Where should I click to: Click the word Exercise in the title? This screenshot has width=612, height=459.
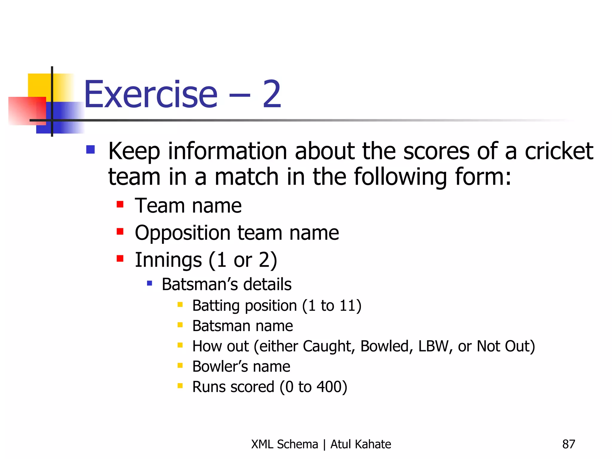point(151,94)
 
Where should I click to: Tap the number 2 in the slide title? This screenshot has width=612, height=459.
point(272,94)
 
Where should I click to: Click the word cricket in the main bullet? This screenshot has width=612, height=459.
point(559,151)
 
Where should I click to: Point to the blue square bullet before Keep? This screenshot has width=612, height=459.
point(90,149)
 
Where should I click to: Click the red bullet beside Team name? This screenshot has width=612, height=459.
point(120,204)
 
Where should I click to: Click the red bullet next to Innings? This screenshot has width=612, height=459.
point(120,258)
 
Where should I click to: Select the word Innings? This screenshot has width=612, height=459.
point(168,260)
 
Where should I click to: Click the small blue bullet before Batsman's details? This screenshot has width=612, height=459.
point(150,283)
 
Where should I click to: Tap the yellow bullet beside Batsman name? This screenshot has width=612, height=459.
point(180,325)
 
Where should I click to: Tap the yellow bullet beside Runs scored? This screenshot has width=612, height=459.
point(180,386)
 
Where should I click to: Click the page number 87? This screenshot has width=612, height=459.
point(568,444)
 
